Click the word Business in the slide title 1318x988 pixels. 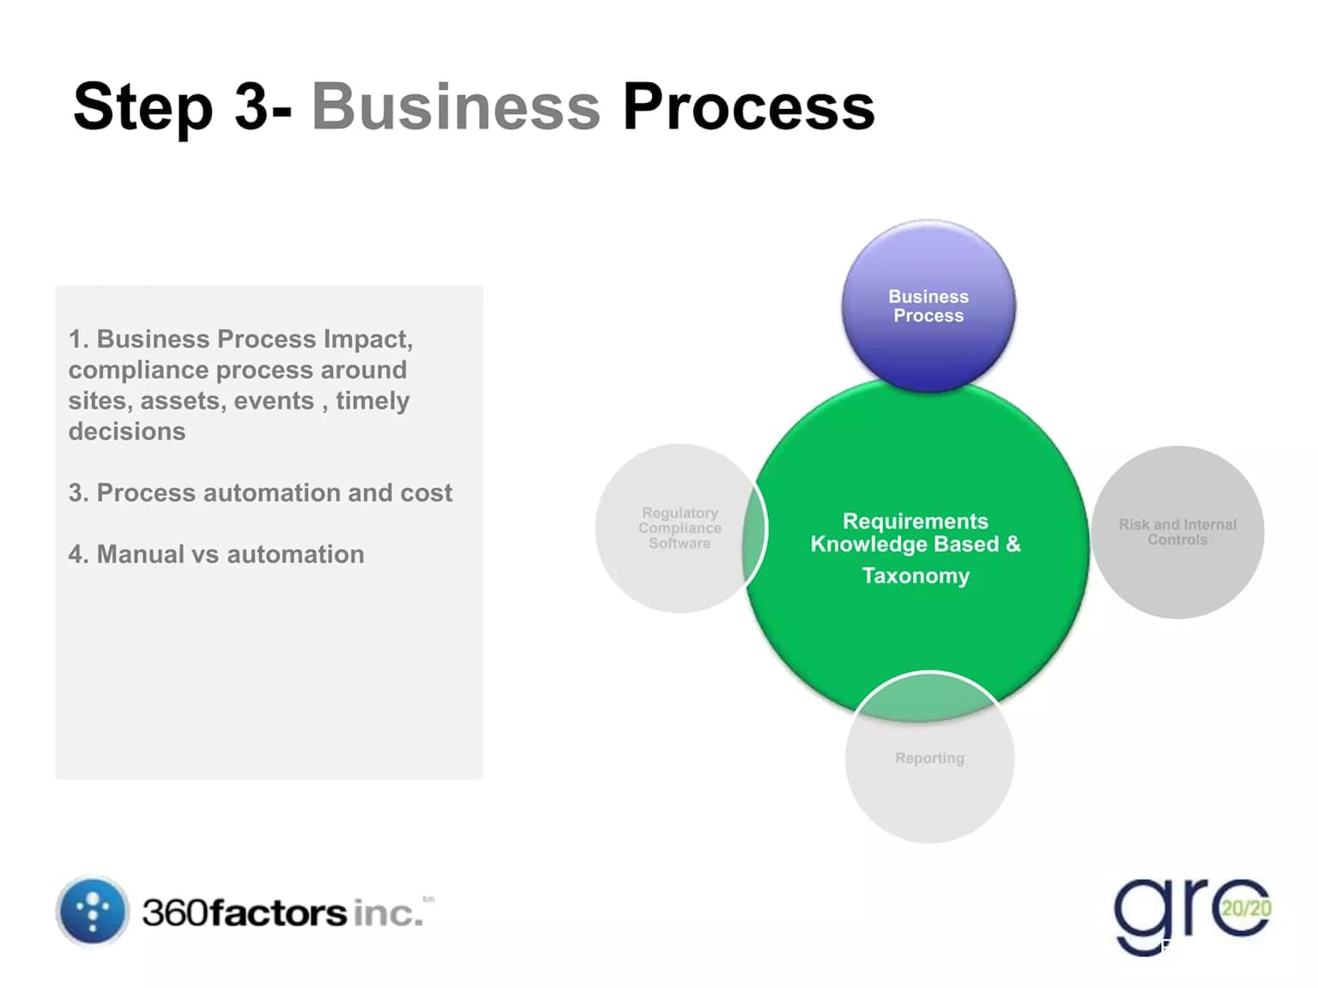click(x=456, y=107)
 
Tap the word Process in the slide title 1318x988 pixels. click(x=747, y=107)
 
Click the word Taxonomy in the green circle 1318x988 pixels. click(x=916, y=575)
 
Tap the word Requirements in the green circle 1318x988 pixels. click(x=915, y=521)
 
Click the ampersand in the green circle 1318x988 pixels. click(x=1013, y=544)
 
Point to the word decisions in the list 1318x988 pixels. click(x=127, y=431)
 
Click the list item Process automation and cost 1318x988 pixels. click(x=260, y=493)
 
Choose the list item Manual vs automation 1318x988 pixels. click(x=216, y=555)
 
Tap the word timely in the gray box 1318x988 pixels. click(x=372, y=401)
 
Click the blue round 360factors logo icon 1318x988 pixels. click(x=93, y=911)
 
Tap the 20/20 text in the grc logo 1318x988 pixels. click(x=1246, y=908)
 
